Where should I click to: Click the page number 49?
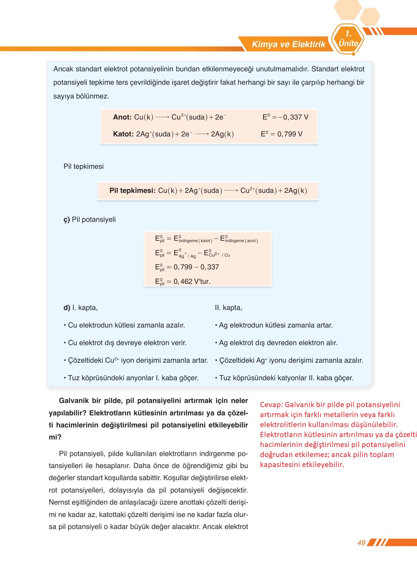[x=361, y=543]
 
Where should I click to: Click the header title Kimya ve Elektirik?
[x=288, y=44]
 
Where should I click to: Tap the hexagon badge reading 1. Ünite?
[x=348, y=39]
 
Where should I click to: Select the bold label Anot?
[x=122, y=117]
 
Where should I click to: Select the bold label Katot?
[x=123, y=134]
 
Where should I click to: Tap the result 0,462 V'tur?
[x=192, y=281]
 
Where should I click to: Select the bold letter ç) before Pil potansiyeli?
[x=66, y=219]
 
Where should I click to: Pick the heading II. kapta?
[x=228, y=308]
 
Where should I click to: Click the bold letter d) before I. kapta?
[x=67, y=308]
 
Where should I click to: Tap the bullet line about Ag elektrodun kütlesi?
[x=274, y=325]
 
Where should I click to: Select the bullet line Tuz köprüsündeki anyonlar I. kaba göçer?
[x=131, y=378]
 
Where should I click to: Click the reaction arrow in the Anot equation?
[x=162, y=117]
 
